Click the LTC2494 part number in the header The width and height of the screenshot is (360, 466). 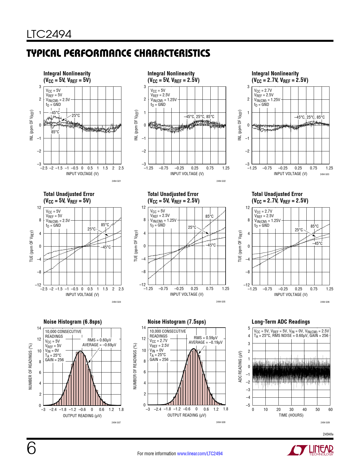pyautogui.click(x=49, y=34)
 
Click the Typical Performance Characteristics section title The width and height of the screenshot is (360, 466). pyautogui.click(x=118, y=53)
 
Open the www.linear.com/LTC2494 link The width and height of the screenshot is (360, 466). pyautogui.click(x=200, y=454)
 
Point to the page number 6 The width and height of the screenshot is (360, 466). pyautogui.click(x=31, y=448)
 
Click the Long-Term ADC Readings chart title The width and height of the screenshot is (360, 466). pyautogui.click(x=281, y=322)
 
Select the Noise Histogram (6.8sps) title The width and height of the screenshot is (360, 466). pyautogui.click(x=73, y=322)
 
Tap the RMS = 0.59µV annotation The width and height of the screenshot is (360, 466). pyautogui.click(x=206, y=338)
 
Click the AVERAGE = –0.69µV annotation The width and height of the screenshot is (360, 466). pyautogui.click(x=99, y=345)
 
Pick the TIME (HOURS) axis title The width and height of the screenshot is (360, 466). pyautogui.click(x=291, y=415)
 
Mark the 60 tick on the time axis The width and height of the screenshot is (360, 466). pyautogui.click(x=330, y=410)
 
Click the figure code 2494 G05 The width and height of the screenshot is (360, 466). pyautogui.click(x=221, y=302)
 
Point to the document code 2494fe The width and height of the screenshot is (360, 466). pyautogui.click(x=328, y=434)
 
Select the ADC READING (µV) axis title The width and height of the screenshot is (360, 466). pyautogui.click(x=240, y=367)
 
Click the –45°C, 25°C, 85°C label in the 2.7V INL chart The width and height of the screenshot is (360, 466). pyautogui.click(x=309, y=117)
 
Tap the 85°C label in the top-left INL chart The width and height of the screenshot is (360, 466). pyautogui.click(x=55, y=132)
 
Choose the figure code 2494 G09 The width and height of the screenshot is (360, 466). pyautogui.click(x=325, y=423)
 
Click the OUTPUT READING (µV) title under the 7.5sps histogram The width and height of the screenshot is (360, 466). pyautogui.click(x=187, y=415)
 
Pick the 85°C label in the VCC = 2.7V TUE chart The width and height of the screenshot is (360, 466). pyautogui.click(x=315, y=226)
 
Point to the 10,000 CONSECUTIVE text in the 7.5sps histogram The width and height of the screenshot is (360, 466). pyautogui.click(x=168, y=331)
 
